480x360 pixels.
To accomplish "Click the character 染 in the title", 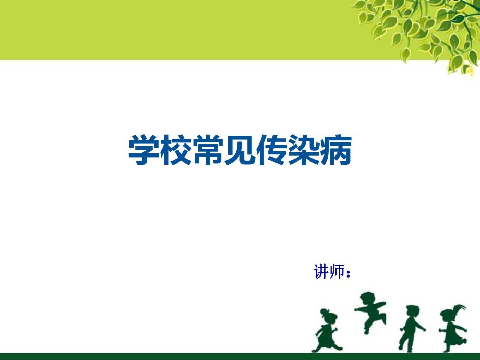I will pyautogui.click(x=304, y=151).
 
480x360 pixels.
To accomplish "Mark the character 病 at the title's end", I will pyautogui.click(x=335, y=151).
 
